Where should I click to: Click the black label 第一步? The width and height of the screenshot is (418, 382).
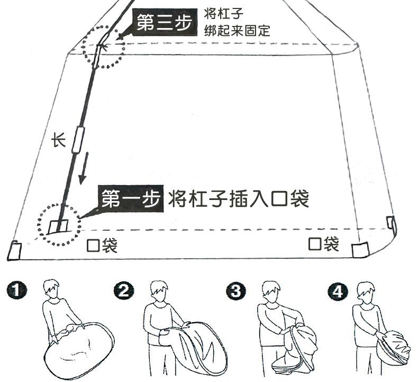[130, 198]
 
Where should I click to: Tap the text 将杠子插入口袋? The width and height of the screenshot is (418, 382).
[238, 198]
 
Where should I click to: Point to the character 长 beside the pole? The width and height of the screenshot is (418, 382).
[58, 140]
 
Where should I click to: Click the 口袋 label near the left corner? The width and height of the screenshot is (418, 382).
[102, 245]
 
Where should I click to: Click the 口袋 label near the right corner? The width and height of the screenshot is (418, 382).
[323, 244]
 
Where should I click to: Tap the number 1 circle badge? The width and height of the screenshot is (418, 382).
[18, 291]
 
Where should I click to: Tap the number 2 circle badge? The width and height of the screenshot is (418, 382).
[124, 290]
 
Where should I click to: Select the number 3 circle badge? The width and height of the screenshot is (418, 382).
[234, 290]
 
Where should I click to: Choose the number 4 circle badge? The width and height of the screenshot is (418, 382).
[337, 290]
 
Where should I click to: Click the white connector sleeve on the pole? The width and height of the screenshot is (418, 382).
[79, 139]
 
